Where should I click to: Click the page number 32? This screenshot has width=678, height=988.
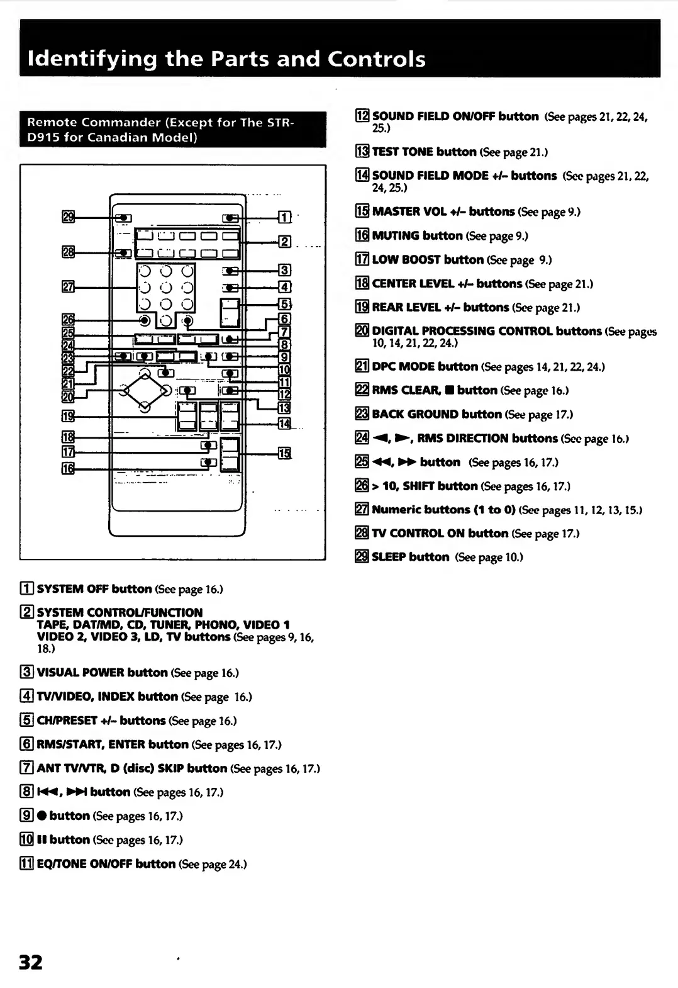31,962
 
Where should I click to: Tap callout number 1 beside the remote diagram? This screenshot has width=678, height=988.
284,218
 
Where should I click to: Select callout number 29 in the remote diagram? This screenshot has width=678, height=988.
68,217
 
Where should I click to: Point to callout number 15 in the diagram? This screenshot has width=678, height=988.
284,453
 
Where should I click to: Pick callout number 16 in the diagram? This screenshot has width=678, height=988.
68,468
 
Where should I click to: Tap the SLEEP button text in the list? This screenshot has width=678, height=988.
410,557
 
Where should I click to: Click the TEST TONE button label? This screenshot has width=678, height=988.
425,152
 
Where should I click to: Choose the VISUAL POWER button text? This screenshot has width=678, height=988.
102,673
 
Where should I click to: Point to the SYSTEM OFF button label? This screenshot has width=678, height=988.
94,589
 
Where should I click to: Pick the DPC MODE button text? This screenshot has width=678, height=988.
425,367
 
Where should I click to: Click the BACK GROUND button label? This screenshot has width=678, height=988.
436,415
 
